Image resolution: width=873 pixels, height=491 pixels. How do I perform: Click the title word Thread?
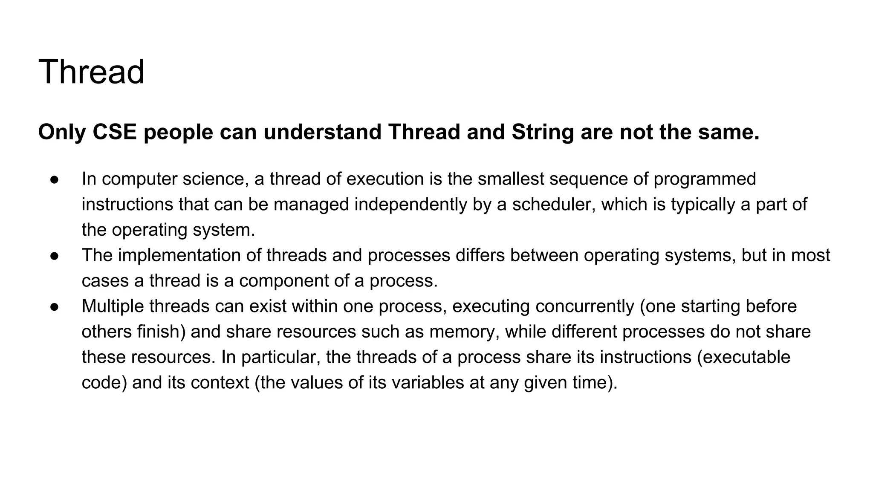tap(91, 72)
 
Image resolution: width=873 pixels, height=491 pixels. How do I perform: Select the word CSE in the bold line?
tap(114, 132)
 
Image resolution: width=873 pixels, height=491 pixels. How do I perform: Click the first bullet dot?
tap(54, 179)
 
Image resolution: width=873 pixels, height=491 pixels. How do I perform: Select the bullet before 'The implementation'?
tap(54, 256)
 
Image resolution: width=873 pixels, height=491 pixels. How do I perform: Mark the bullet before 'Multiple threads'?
tap(54, 307)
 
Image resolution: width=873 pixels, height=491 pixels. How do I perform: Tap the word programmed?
tap(705, 179)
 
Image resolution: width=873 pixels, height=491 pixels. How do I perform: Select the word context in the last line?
tap(220, 382)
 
